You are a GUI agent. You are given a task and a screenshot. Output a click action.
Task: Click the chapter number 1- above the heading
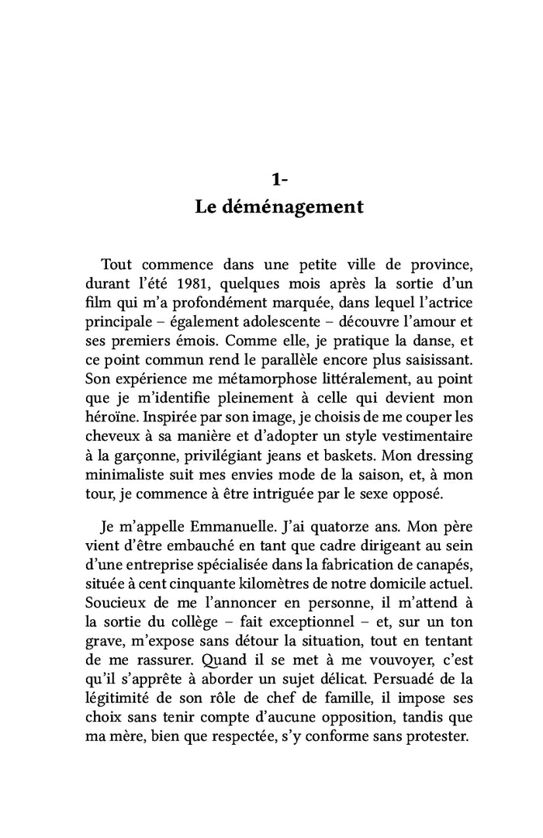(280, 180)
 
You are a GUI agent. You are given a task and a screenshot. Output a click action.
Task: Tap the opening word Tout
(118, 265)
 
